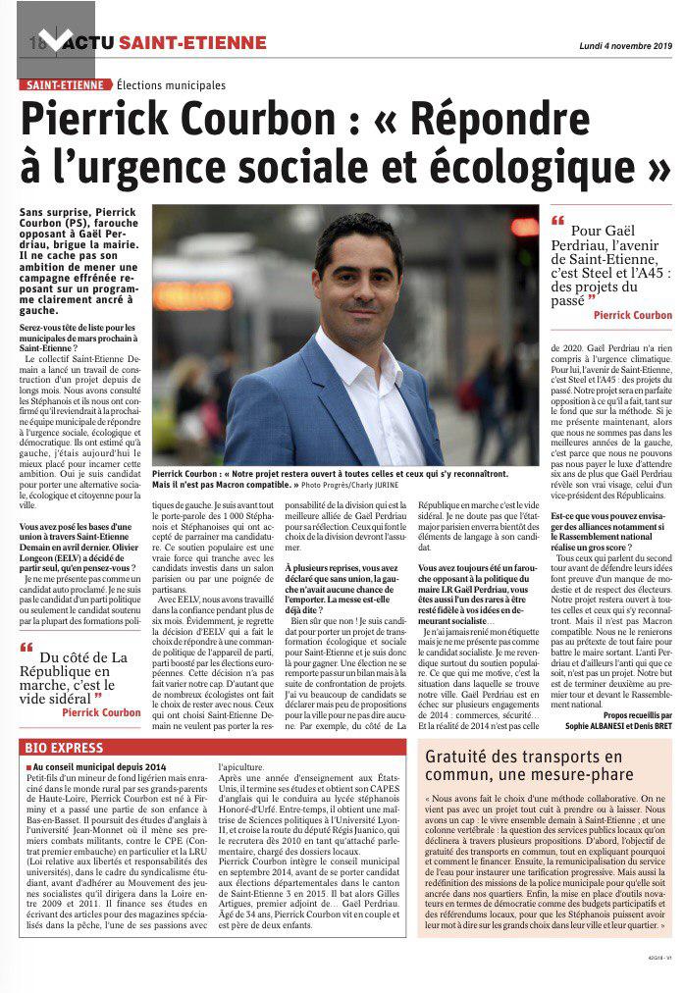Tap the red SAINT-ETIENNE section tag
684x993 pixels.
[64, 86]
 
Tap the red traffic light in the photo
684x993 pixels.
[524, 227]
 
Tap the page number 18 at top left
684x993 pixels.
[36, 43]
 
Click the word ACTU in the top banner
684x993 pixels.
[84, 43]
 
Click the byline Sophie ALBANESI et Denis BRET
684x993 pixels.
[619, 727]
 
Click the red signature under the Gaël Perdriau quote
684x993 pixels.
[632, 315]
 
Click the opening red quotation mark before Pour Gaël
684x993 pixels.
[560, 220]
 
